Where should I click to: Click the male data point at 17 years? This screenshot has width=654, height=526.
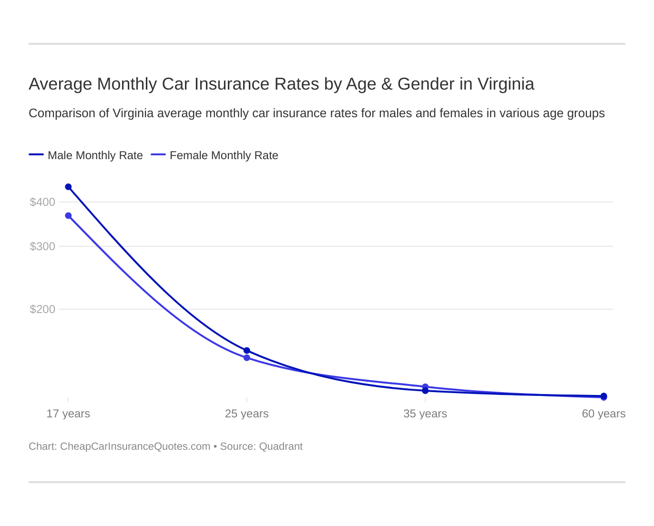68,187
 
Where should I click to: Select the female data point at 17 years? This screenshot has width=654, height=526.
68,216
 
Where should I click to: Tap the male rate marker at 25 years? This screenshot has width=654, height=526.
247,351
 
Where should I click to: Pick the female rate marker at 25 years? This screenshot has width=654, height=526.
247,358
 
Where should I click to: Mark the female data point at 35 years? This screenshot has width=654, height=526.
425,387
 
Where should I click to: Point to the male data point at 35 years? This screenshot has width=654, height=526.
425,391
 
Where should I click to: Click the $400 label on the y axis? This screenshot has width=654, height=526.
42,202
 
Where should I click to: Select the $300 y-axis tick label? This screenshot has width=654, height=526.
42,246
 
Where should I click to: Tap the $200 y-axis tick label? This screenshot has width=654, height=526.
42,309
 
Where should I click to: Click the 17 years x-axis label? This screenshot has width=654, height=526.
68,414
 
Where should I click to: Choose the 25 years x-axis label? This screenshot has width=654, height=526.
247,414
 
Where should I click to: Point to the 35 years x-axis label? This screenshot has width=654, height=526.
425,414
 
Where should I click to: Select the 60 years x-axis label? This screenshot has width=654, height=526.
603,414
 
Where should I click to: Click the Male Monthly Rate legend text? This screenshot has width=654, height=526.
95,155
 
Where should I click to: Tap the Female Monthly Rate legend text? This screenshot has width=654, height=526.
224,155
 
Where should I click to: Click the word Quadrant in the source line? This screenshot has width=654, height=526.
281,446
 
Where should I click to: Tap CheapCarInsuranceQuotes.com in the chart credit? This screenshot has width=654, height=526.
135,446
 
